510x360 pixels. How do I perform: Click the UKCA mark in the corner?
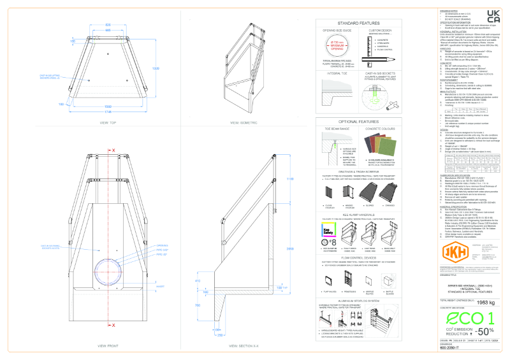pyautogui.click(x=493, y=15)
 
